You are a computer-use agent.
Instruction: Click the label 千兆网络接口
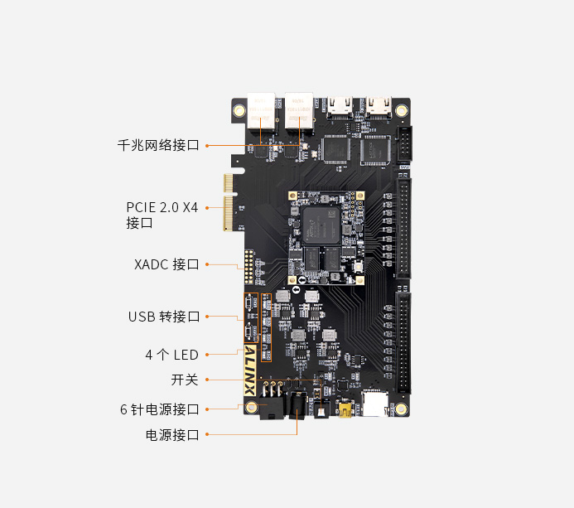[x=158, y=145]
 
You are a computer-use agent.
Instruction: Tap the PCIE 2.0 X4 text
[x=162, y=208]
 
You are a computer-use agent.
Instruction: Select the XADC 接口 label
[x=166, y=264]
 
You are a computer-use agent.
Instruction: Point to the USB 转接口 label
[x=164, y=317]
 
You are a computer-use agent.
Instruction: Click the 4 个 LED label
[x=171, y=355]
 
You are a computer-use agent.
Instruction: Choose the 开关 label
[x=185, y=380]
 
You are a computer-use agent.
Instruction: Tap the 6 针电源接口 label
[x=160, y=409]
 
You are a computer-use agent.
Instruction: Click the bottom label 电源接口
[x=172, y=435]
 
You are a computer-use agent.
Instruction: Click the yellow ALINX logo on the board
[x=250, y=370]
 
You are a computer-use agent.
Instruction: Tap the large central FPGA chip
[x=321, y=225]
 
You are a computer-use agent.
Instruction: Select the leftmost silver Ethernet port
[x=262, y=111]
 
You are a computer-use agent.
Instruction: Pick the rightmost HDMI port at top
[x=379, y=107]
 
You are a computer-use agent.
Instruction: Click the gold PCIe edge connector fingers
[x=228, y=202]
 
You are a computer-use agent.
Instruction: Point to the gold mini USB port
[x=345, y=410]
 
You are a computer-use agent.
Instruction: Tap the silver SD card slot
[x=375, y=404]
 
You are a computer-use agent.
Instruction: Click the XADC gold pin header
[x=249, y=267]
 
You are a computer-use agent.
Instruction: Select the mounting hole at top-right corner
[x=401, y=109]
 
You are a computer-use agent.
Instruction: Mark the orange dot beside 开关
[x=207, y=380]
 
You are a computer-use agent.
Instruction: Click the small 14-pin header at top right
[x=405, y=144]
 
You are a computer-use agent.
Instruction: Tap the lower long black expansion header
[x=403, y=342]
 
